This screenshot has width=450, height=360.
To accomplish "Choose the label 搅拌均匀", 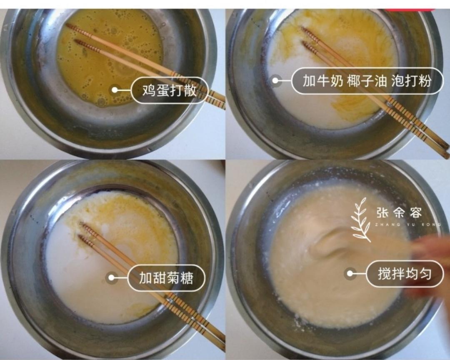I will point(404,274).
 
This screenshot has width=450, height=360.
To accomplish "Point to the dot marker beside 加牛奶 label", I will point(275,80).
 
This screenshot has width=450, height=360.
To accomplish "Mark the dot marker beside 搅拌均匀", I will point(350,274).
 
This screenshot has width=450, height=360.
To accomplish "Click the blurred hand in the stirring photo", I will point(429,262).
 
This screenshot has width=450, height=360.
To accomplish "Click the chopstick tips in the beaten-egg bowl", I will point(73,33).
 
